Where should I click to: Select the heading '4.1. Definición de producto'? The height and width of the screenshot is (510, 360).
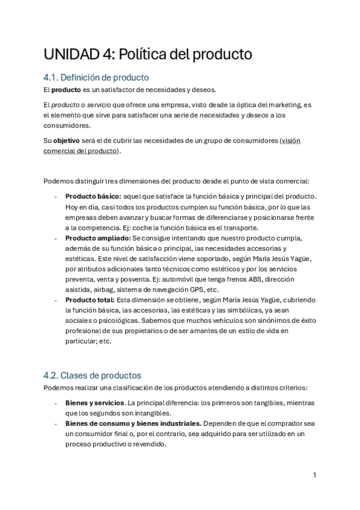point(96,78)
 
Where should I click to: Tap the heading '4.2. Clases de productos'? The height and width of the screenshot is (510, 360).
point(92,375)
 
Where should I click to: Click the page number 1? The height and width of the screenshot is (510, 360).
point(314,475)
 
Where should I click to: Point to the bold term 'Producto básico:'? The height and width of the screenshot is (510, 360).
point(93,197)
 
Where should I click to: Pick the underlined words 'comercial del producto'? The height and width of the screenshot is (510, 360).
point(81,150)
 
